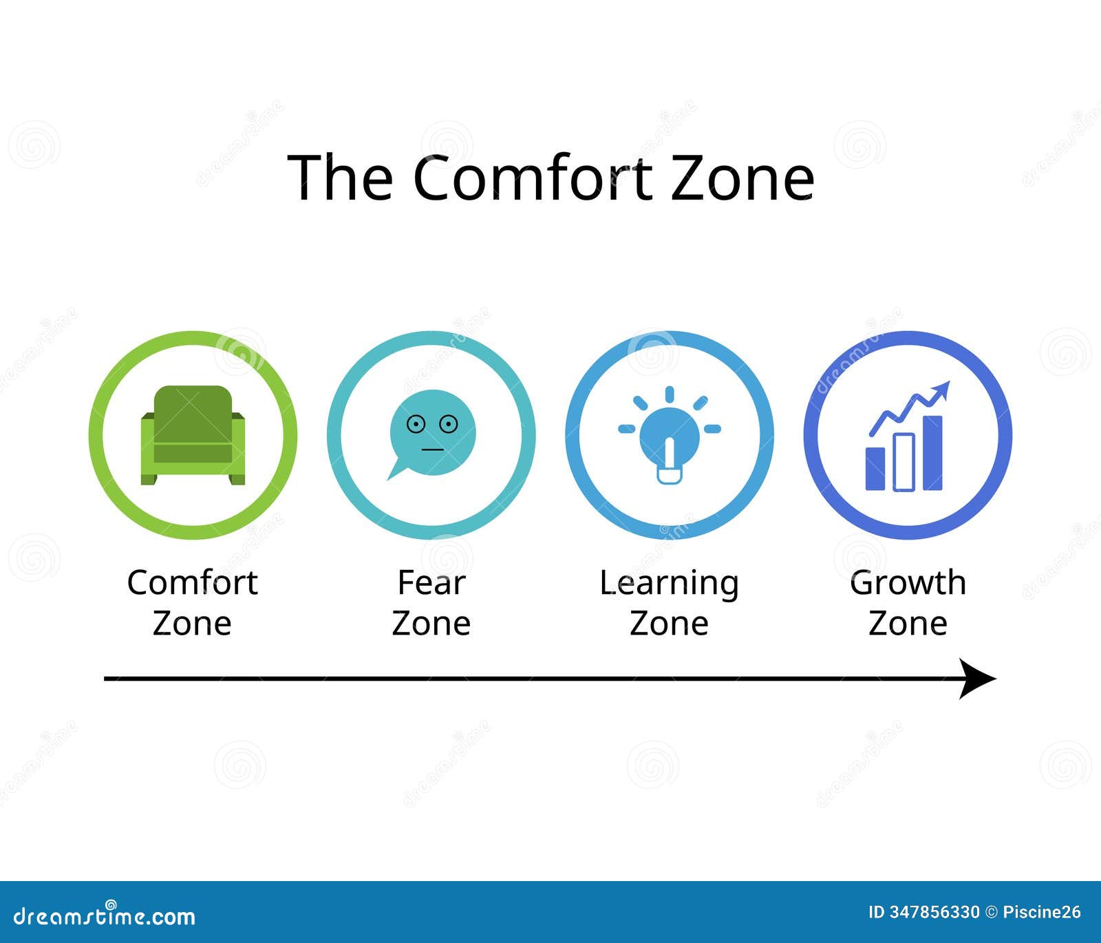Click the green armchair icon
[193, 435]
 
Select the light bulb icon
[669, 437]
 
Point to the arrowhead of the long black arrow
[977, 678]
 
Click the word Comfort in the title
[533, 178]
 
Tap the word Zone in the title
[742, 178]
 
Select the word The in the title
[340, 178]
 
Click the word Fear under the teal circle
[431, 583]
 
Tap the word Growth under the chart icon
[908, 583]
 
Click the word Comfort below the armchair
[192, 583]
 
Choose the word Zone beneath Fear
[431, 624]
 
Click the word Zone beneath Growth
[908, 624]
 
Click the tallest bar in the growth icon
[932, 453]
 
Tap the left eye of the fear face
[415, 424]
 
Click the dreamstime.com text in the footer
[105, 916]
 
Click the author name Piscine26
[1042, 913]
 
